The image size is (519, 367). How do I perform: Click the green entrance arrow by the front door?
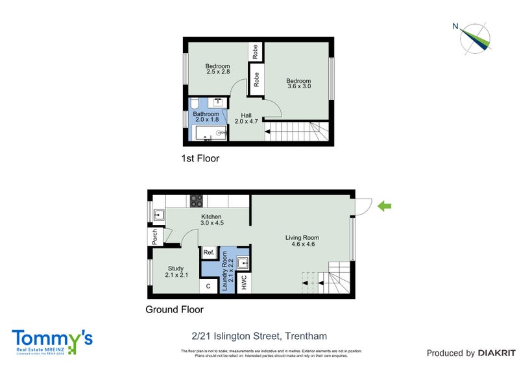(385, 206)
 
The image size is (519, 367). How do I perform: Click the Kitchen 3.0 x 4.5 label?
(211, 220)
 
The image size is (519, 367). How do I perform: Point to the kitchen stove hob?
(196, 201)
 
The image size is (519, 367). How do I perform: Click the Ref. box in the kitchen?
(209, 253)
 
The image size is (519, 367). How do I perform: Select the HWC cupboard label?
(245, 283)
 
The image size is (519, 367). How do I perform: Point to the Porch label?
(155, 237)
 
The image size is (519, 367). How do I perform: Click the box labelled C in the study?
(209, 285)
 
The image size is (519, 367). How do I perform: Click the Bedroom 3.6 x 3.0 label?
(298, 84)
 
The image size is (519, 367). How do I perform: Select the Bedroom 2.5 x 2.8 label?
(217, 69)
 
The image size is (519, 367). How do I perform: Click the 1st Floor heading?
(200, 158)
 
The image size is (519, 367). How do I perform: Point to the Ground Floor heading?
(174, 310)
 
